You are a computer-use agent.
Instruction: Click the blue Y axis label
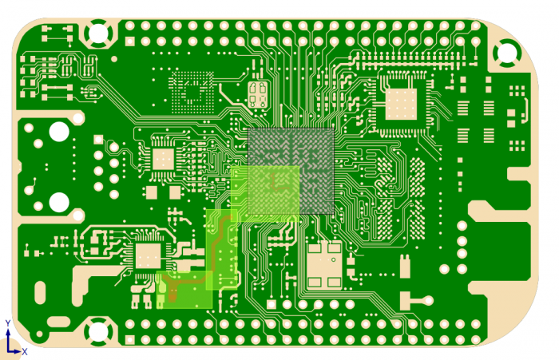8,323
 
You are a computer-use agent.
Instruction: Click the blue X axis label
25,352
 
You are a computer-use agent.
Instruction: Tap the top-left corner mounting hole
98,34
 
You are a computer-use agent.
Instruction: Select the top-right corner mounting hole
506,53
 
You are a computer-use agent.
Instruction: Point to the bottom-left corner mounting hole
98,331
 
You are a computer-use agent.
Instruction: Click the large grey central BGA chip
291,171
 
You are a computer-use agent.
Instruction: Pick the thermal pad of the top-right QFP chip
401,104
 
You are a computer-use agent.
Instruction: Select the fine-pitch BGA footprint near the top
192,93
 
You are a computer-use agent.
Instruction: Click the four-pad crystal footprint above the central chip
257,94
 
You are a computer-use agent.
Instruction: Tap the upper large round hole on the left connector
59,131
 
